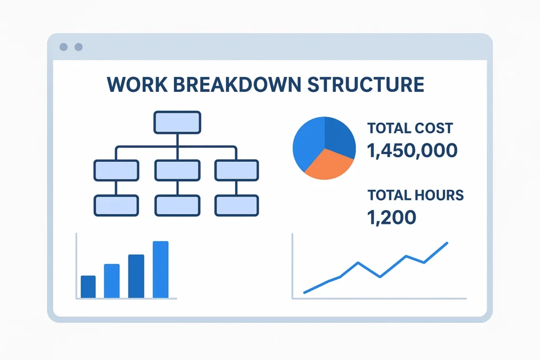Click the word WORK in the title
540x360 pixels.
click(137, 85)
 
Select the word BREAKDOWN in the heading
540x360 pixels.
click(237, 85)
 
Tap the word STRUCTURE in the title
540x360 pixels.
click(365, 85)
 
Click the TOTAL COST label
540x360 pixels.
click(410, 128)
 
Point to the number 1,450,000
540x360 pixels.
click(412, 150)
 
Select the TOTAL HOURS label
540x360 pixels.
click(416, 195)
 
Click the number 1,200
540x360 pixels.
click(392, 217)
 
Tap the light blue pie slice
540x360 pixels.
click(307, 144)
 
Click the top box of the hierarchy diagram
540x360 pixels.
click(177, 122)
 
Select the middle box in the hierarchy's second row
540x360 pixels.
click(177, 170)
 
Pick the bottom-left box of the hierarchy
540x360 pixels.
click(117, 206)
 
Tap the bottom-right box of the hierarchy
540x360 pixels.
click(237, 206)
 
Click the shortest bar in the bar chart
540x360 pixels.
click(88, 287)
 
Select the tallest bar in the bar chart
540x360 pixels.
click(160, 269)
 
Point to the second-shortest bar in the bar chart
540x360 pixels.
click(112, 281)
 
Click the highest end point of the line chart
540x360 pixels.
click(447, 243)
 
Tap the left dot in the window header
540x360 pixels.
click(63, 47)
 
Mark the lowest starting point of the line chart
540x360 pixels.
click(304, 293)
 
